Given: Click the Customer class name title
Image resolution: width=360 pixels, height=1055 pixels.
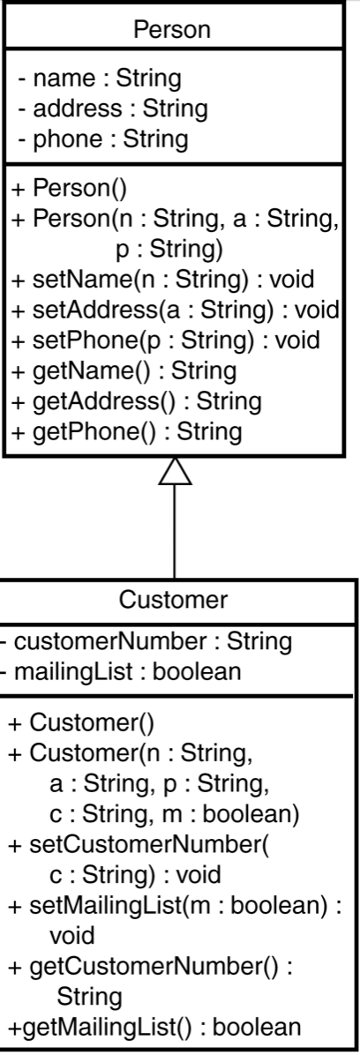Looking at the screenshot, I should click(174, 601).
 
